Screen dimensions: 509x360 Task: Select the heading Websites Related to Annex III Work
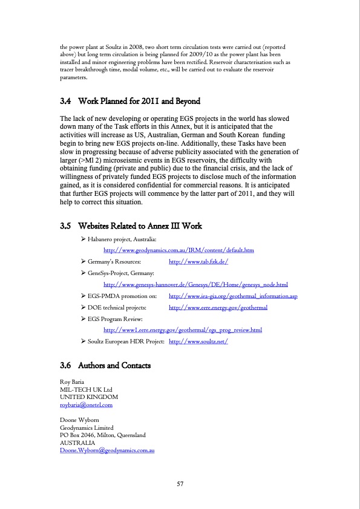click(143, 226)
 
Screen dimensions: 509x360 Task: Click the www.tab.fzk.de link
click(198, 262)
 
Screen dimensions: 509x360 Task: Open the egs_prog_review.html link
click(183, 330)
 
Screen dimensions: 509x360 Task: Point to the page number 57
click(180, 484)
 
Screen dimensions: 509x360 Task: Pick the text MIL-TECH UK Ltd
click(85, 390)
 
